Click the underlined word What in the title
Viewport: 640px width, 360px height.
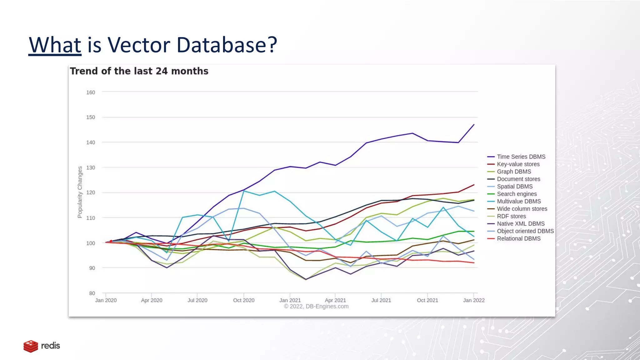[55, 45]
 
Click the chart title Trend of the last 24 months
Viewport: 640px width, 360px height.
[139, 71]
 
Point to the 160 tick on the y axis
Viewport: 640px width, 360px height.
[91, 92]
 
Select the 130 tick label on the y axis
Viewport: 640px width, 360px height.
[91, 167]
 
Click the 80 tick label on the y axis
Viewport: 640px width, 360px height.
[92, 293]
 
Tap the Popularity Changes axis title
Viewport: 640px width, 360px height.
[80, 192]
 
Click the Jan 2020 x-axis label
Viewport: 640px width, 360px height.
[106, 300]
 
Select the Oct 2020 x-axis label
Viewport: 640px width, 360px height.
[244, 300]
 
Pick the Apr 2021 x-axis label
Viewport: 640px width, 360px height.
[335, 300]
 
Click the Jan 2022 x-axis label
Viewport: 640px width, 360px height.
[474, 300]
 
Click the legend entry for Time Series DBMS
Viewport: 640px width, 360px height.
[521, 157]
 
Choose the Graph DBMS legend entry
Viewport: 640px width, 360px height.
[514, 172]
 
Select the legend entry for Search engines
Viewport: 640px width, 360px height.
[517, 194]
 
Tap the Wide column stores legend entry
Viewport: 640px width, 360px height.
[522, 209]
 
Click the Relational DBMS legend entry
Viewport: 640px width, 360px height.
[518, 238]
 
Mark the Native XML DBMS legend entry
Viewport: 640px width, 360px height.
[521, 224]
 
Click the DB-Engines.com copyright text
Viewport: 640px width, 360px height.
[316, 307]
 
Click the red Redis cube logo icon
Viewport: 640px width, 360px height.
[31, 346]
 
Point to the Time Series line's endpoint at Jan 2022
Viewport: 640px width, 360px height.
[474, 125]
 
